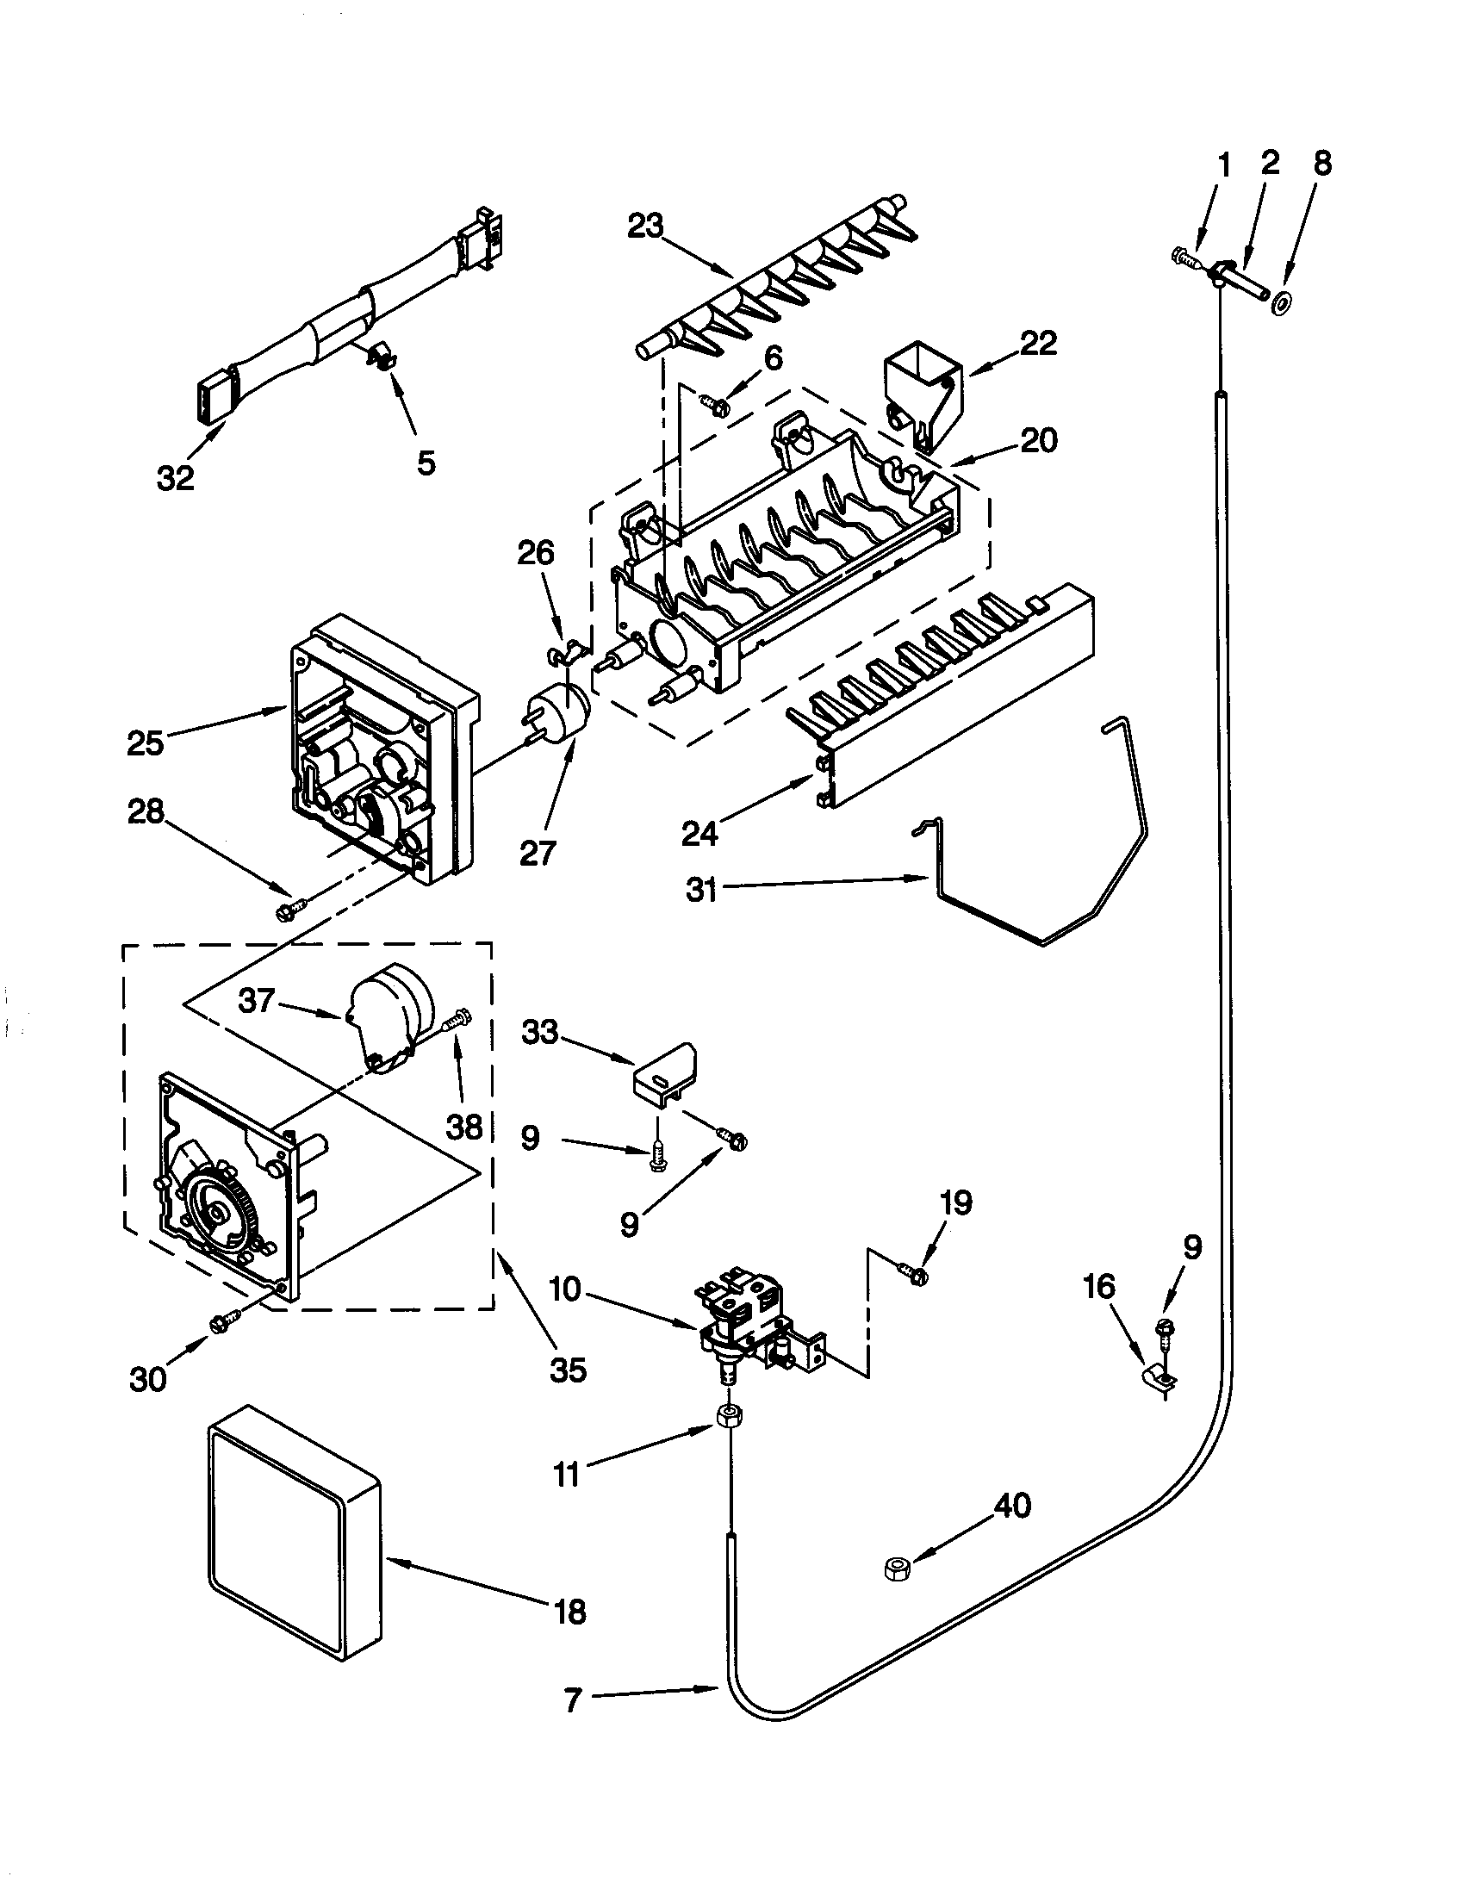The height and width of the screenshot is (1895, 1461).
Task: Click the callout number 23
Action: pyautogui.click(x=645, y=227)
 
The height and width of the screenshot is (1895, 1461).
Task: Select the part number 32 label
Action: pyautogui.click(x=175, y=478)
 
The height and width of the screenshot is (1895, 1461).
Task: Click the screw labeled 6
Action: pyautogui.click(x=715, y=401)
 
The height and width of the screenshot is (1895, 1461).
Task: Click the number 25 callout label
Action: pyautogui.click(x=145, y=742)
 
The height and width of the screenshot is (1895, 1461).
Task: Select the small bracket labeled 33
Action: pyautogui.click(x=664, y=1075)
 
